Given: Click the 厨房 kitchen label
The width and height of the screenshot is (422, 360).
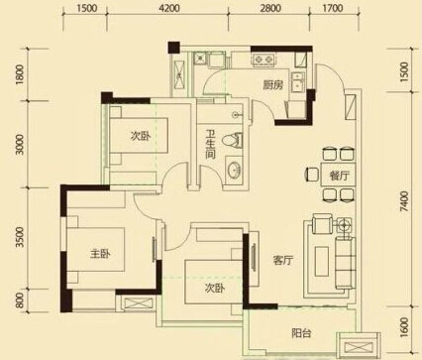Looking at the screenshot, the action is point(272,85).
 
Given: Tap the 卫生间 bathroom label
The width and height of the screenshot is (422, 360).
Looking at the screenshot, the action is point(210,144).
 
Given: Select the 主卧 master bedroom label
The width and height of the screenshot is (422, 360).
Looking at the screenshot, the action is point(100,254).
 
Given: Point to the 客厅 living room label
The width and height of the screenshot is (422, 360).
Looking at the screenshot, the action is point(283,261).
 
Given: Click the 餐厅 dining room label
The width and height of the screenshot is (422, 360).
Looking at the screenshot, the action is point(339,176).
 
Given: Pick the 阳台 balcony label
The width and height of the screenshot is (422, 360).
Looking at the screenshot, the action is point(301,333).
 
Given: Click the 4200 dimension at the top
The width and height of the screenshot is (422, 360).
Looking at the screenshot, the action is point(169,8).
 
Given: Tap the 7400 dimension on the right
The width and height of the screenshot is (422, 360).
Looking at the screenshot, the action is point(404,201).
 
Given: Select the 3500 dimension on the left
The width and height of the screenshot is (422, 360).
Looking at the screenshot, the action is point(21,237).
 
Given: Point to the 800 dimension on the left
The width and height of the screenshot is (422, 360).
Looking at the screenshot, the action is point(21,300).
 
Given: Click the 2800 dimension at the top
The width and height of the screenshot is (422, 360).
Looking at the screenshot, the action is point(270,8).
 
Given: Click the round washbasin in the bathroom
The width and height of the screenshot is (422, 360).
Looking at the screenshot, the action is point(234,170).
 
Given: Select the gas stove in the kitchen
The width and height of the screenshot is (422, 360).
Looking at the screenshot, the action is point(264,60).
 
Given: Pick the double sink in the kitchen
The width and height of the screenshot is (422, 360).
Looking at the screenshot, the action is point(298,82).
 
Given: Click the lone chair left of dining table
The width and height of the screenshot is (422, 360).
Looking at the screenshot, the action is point(311,175).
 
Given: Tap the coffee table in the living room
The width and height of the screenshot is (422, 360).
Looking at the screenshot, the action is point(321,262).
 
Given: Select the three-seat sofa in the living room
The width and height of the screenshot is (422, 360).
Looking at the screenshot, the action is point(345,262).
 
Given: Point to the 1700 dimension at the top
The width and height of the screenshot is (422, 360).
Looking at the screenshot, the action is point(332,8).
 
